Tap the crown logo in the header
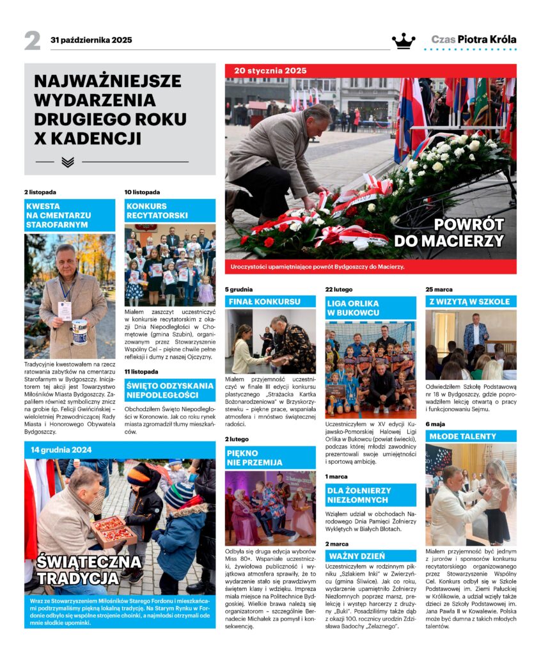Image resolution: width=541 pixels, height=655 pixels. coord(404,40)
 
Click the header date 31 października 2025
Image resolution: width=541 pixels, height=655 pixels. coord(91,40)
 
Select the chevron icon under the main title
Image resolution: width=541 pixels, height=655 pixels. coord(68,162)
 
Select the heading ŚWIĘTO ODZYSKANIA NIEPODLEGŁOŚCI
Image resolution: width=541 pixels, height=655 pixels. coord(169,390)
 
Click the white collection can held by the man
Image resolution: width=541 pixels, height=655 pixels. coord(79,332)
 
